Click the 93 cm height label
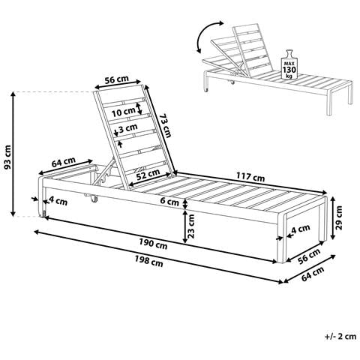[x=8, y=157]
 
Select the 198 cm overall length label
[x=149, y=261]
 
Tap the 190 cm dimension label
[x=153, y=243]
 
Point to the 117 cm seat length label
[x=250, y=177]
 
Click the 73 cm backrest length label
[x=165, y=125]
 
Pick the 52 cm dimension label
[x=148, y=173]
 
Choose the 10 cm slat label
[x=123, y=112]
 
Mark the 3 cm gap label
[x=128, y=128]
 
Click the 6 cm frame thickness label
[x=169, y=202]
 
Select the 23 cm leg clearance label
[x=190, y=226]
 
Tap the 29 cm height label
[x=339, y=217]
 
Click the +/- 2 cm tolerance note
[x=340, y=336]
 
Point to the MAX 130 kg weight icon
[x=289, y=64]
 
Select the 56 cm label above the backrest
[x=116, y=79]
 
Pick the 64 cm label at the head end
[x=64, y=162]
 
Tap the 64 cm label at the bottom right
[x=313, y=274]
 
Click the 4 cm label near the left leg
[x=58, y=200]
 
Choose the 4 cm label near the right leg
[x=301, y=229]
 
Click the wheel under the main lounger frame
[x=94, y=199]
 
